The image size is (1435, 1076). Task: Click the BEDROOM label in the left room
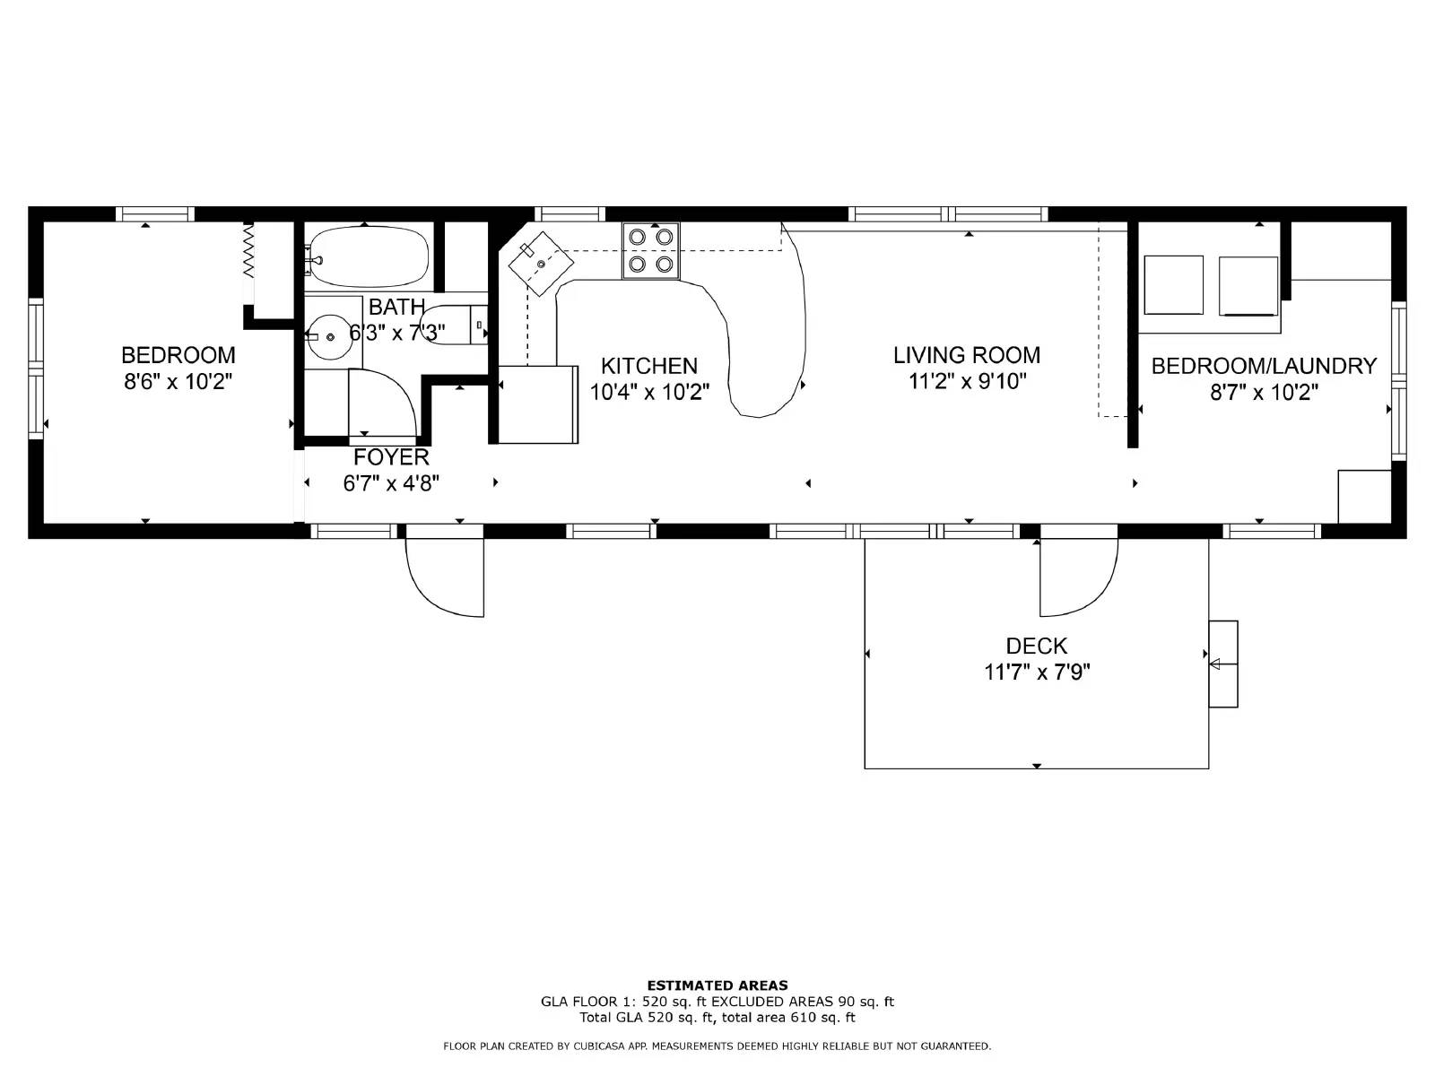pyautogui.click(x=178, y=355)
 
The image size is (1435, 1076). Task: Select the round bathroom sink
pyautogui.click(x=331, y=336)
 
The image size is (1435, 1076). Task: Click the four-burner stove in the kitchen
pyautogui.click(x=651, y=250)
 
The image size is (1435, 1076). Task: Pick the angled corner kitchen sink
pyautogui.click(x=542, y=264)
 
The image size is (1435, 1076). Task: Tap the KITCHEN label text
pyautogui.click(x=648, y=366)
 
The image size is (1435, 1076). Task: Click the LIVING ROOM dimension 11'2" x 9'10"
pyautogui.click(x=967, y=382)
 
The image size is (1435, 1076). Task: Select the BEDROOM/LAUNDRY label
pyautogui.click(x=1263, y=366)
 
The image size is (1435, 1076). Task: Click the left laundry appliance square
pyautogui.click(x=1173, y=285)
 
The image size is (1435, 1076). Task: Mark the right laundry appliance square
pyautogui.click(x=1248, y=287)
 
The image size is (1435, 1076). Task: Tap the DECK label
pyautogui.click(x=1036, y=646)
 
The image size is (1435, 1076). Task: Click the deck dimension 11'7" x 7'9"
pyautogui.click(x=1036, y=672)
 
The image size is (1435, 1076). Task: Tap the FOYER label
pyautogui.click(x=391, y=457)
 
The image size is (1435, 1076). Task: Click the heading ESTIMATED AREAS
pyautogui.click(x=717, y=985)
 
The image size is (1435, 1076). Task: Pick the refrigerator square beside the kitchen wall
pyautogui.click(x=538, y=404)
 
